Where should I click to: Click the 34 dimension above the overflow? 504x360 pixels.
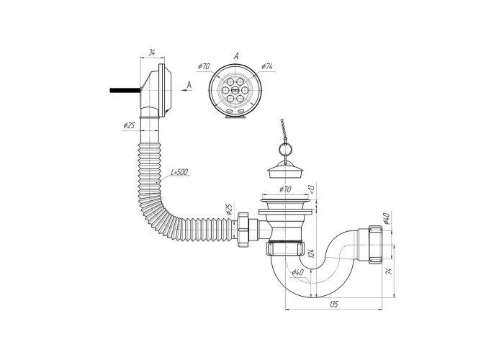pyautogui.click(x=152, y=53)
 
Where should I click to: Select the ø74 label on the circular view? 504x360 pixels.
pyautogui.click(x=267, y=66)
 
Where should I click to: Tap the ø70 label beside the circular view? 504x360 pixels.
pyautogui.click(x=204, y=66)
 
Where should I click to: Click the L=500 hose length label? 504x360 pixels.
pyautogui.click(x=180, y=172)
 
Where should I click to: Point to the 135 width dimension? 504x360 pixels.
pyautogui.click(x=333, y=304)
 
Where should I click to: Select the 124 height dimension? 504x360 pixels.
pyautogui.click(x=310, y=253)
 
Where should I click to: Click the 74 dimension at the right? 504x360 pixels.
pyautogui.click(x=388, y=271)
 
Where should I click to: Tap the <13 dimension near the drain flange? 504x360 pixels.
pyautogui.click(x=311, y=189)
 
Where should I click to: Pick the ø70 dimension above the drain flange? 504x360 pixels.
pyautogui.click(x=285, y=189)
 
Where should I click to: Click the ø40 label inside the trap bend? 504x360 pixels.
pyautogui.click(x=297, y=273)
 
